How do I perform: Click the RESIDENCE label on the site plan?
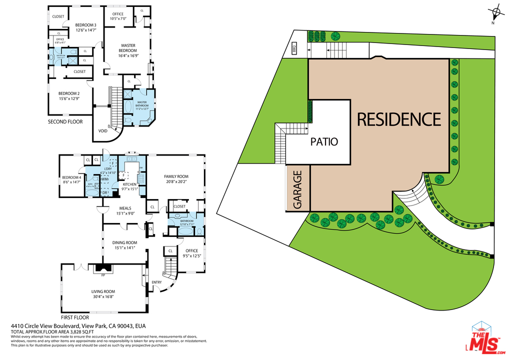(398, 119)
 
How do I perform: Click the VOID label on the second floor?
(102, 131)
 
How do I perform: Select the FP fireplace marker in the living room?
(103, 275)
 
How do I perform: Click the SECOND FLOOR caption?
(65, 121)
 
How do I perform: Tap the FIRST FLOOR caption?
(75, 317)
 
